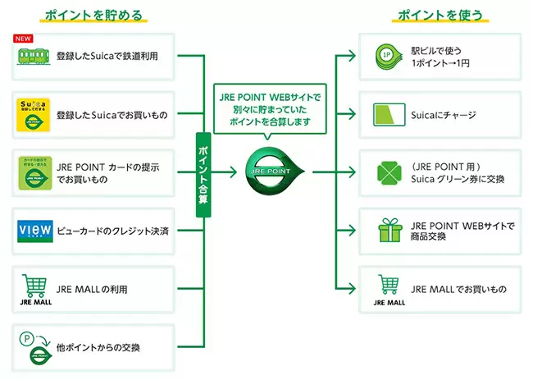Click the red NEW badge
point(23,39)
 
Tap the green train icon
point(34,57)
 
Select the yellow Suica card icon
point(34,115)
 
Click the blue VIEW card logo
point(35,231)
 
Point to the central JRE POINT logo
point(275,171)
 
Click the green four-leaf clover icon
point(389,173)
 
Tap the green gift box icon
point(389,231)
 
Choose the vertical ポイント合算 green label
point(203,175)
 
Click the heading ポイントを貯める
point(93,16)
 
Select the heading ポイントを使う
point(440,16)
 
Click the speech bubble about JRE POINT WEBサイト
point(270,109)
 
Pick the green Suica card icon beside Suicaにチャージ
point(389,115)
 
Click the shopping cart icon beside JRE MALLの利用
point(34,286)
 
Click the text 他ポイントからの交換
point(98,348)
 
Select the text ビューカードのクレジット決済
point(112,231)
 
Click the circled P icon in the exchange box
point(26,338)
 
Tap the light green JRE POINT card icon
point(35,173)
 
